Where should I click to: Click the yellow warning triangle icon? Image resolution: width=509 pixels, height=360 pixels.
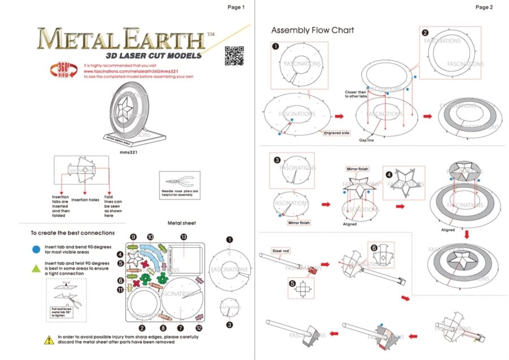click(x=49, y=339)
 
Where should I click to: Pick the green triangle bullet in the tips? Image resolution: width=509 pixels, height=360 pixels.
click(x=36, y=267)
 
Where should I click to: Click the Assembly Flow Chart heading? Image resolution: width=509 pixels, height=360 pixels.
click(x=312, y=30)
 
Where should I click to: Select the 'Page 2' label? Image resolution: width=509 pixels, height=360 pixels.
click(x=484, y=7)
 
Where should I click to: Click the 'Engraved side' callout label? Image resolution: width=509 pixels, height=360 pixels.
click(x=337, y=133)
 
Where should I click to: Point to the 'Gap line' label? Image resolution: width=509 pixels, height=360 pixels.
click(x=368, y=139)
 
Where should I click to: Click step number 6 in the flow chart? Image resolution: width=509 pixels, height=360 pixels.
click(x=374, y=247)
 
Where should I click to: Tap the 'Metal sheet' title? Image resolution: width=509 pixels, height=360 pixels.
click(x=182, y=223)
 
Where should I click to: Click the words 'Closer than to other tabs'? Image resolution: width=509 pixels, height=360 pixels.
click(x=356, y=94)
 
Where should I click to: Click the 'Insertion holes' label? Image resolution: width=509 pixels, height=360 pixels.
click(x=85, y=200)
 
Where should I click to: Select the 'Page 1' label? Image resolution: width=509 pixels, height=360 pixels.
click(x=236, y=7)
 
